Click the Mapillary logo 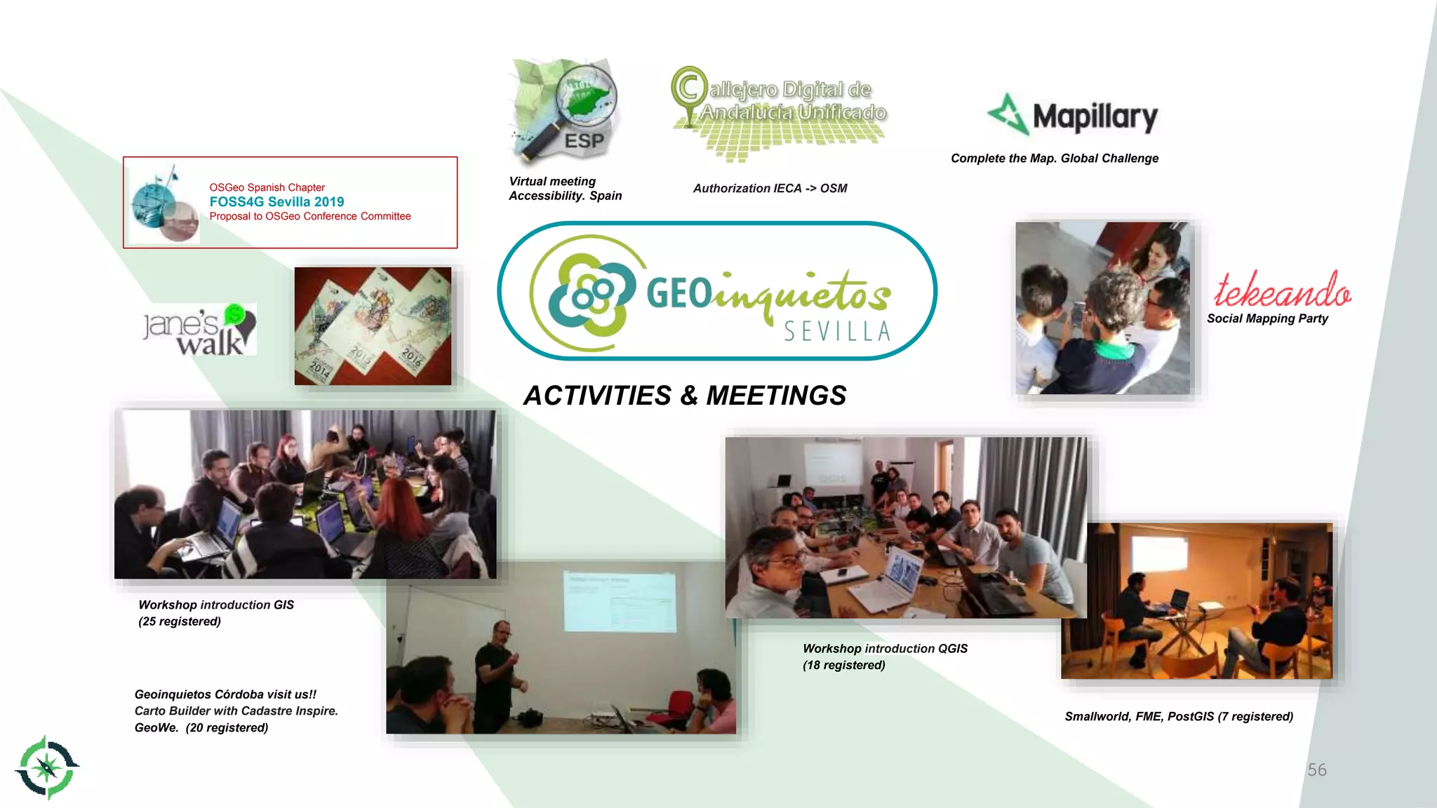click(1073, 116)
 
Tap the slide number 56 click(1316, 770)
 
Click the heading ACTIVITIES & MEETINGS click(685, 396)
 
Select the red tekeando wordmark click(1282, 290)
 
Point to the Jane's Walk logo click(199, 330)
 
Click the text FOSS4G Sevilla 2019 click(276, 201)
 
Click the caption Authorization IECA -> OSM click(770, 188)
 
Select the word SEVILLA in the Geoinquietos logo click(836, 331)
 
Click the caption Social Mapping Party click(1267, 318)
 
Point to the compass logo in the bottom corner click(47, 767)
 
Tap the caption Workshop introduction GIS click(216, 605)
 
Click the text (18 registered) click(843, 665)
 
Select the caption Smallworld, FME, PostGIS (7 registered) click(1178, 716)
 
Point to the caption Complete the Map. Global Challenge click(1054, 159)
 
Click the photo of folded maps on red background click(373, 326)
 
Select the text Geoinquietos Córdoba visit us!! click(225, 694)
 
